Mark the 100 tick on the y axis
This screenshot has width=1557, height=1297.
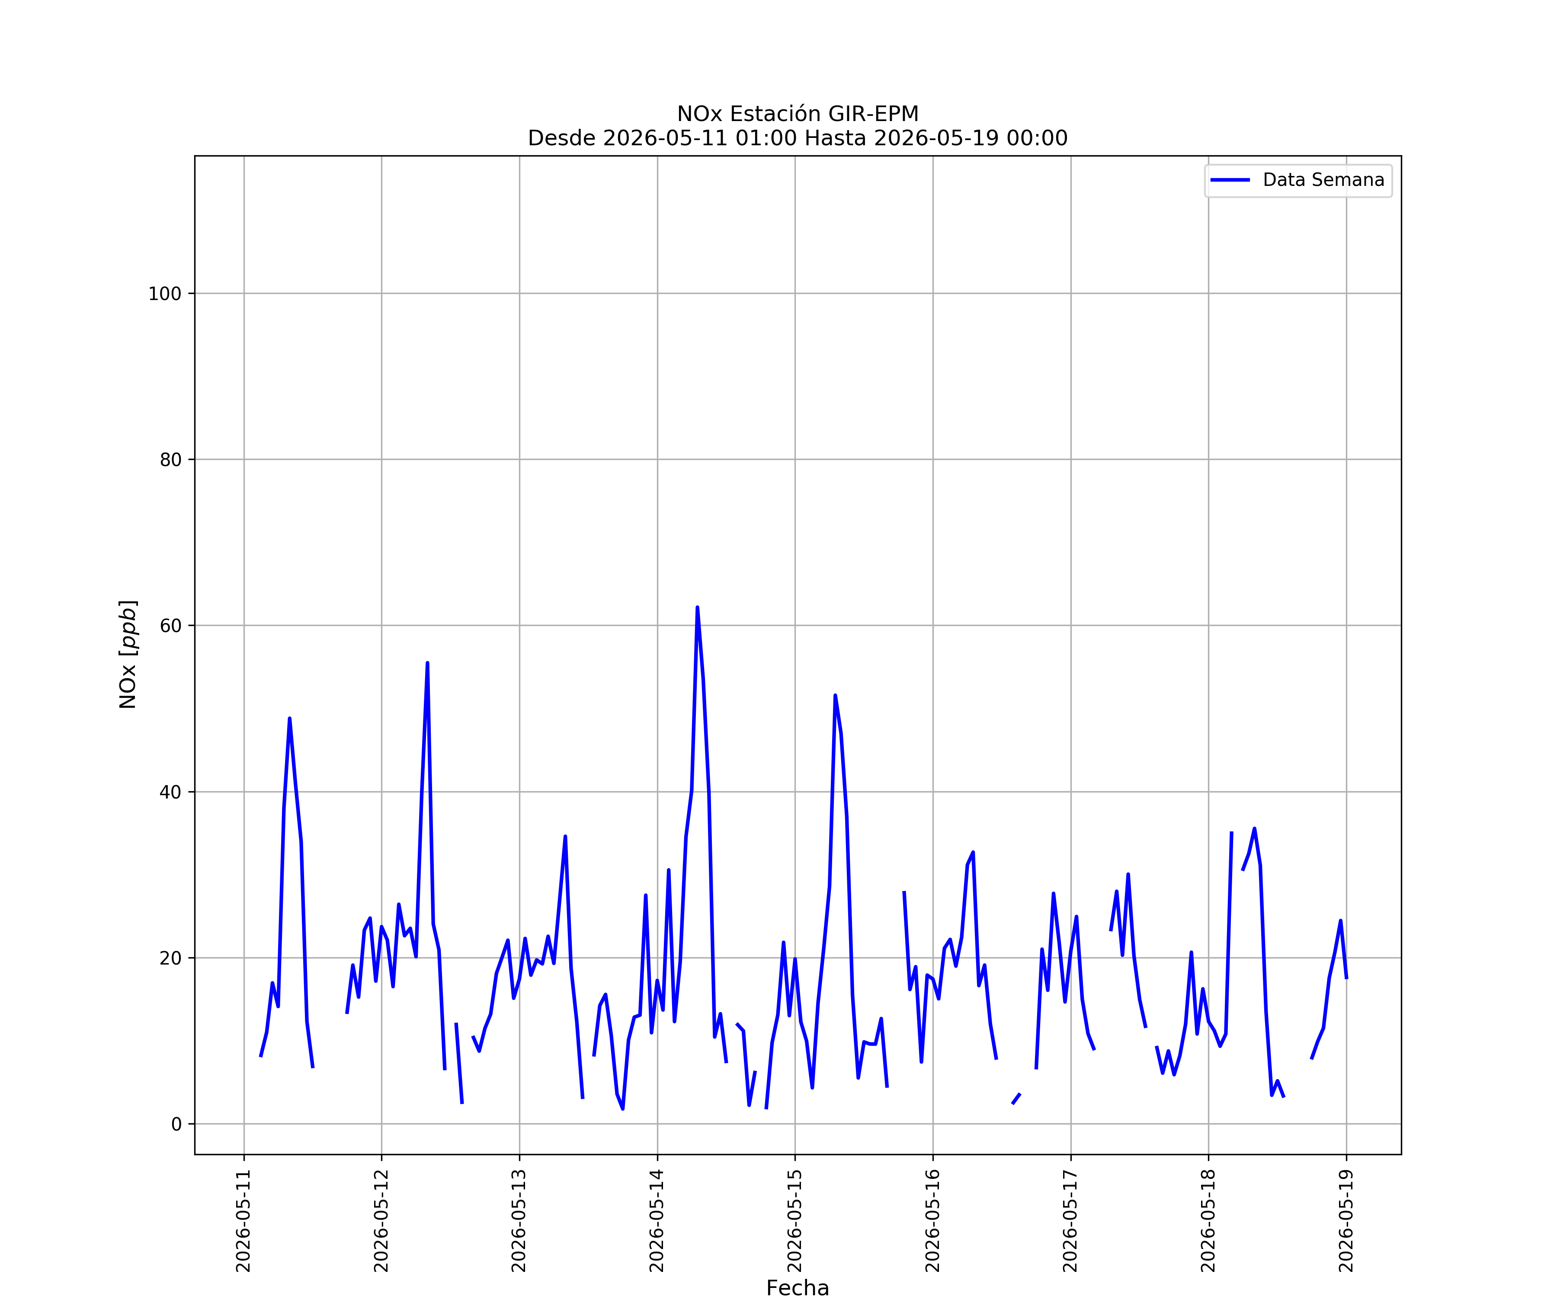pos(165,294)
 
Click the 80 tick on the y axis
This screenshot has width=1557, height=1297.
pos(170,460)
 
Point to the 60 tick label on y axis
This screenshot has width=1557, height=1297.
pos(170,626)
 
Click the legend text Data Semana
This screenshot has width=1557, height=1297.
pos(1323,180)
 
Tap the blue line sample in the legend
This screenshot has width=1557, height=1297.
pos(1230,180)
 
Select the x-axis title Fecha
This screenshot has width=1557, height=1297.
pos(798,1287)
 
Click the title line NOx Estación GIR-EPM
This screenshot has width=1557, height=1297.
pos(798,114)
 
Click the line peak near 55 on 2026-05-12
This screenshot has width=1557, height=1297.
pos(427,663)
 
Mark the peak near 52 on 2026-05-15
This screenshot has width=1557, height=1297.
pos(835,695)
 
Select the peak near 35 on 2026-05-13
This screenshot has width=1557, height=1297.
pos(565,836)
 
